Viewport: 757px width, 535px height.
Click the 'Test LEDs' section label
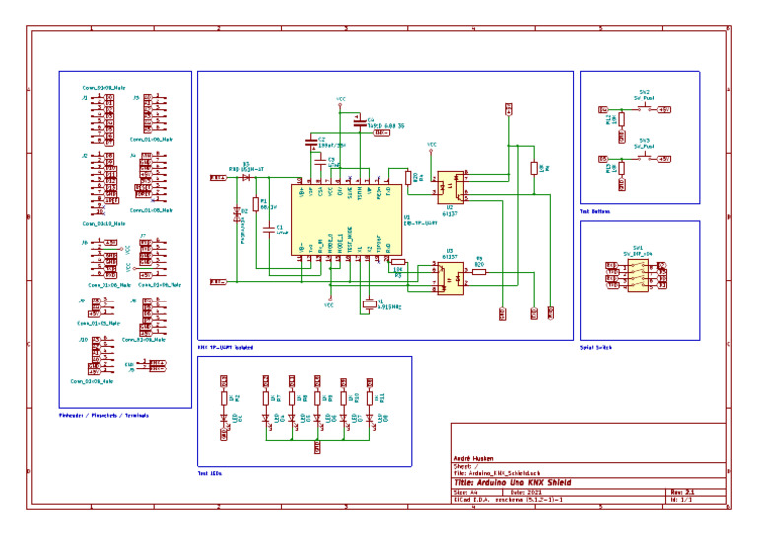210,474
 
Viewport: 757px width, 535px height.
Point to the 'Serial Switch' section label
598,347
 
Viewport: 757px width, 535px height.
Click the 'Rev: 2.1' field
683,491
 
